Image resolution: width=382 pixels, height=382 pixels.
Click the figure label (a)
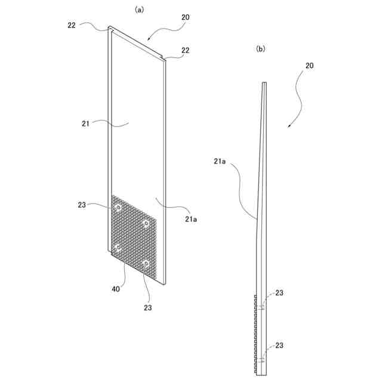point(140,9)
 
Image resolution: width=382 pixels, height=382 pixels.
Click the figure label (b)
point(260,49)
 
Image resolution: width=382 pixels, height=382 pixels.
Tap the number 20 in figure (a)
point(186,18)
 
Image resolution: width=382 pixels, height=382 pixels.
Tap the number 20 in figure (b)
point(309,66)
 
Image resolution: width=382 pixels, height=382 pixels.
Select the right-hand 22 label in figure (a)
point(185,51)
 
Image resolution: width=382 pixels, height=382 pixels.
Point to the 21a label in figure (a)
point(190,220)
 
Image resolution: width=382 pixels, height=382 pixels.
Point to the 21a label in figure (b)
point(219,161)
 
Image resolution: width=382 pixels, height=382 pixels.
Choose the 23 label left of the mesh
point(82,205)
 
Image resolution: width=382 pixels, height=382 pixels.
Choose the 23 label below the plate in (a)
point(147,308)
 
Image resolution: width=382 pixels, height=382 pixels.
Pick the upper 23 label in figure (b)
point(279,293)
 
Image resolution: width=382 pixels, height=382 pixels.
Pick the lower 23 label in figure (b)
point(279,346)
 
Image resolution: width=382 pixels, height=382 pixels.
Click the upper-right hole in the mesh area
point(145,223)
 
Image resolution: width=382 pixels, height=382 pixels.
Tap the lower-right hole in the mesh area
point(145,263)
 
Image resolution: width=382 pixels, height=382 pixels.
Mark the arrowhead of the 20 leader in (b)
point(288,127)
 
